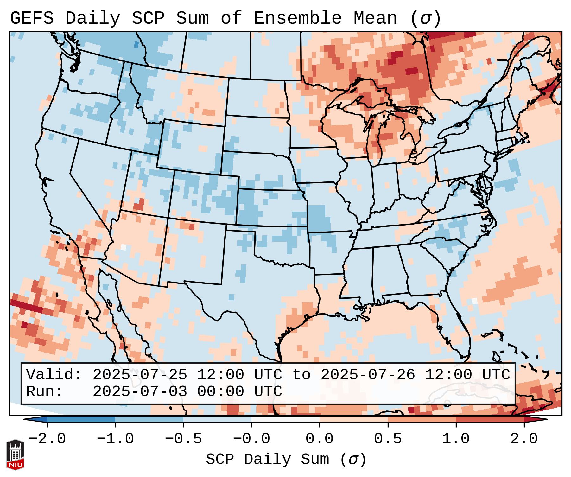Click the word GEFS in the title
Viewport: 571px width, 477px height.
(32, 18)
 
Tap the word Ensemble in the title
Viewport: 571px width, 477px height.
(298, 18)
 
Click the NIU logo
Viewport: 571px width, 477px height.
(15, 455)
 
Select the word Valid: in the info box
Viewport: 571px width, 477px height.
(54, 375)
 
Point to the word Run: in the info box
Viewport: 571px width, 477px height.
(45, 391)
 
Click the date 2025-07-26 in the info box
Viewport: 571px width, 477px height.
(368, 375)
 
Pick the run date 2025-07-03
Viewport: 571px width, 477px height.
(140, 391)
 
